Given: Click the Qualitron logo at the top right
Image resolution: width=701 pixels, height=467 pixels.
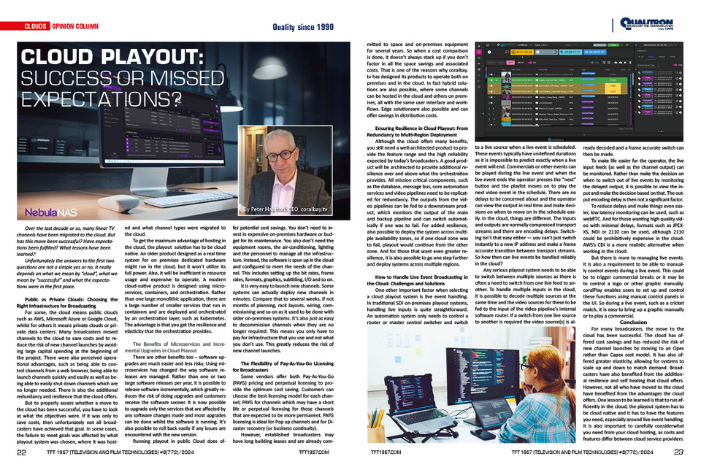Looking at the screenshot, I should pyautogui.click(x=651, y=23).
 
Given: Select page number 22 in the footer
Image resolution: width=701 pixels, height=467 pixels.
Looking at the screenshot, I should pyautogui.click(x=22, y=452).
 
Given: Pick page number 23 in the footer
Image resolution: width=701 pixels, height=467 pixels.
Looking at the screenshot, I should pyautogui.click(x=678, y=452).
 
